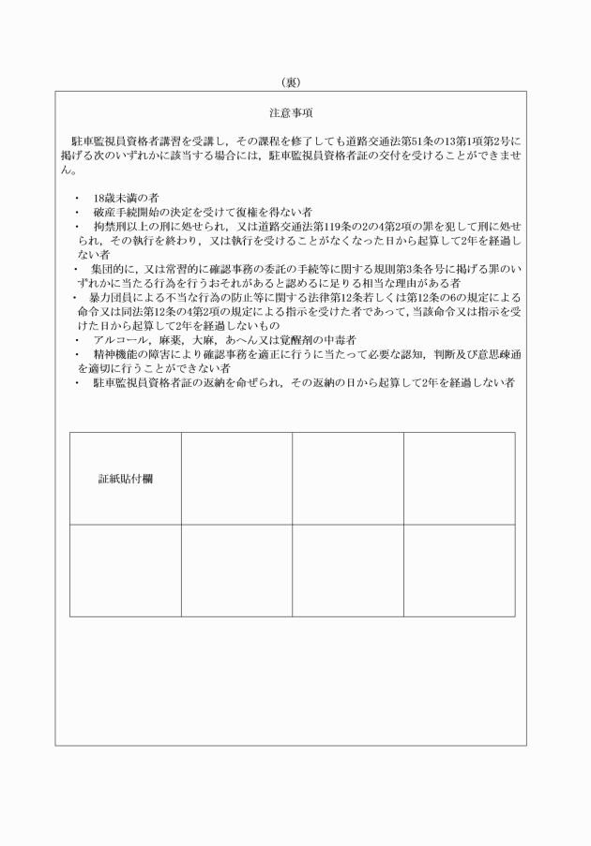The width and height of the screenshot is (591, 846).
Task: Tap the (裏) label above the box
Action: [x=295, y=82]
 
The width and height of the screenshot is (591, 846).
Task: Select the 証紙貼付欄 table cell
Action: [x=126, y=478]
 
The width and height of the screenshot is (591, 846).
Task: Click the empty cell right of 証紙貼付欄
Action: [x=236, y=478]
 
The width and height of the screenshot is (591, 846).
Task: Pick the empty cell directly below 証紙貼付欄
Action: [x=126, y=571]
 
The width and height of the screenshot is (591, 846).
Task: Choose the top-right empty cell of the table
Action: [x=459, y=478]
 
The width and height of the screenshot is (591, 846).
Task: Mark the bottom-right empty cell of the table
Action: [x=459, y=571]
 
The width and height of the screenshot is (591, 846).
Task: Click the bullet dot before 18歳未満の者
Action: [x=75, y=199]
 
